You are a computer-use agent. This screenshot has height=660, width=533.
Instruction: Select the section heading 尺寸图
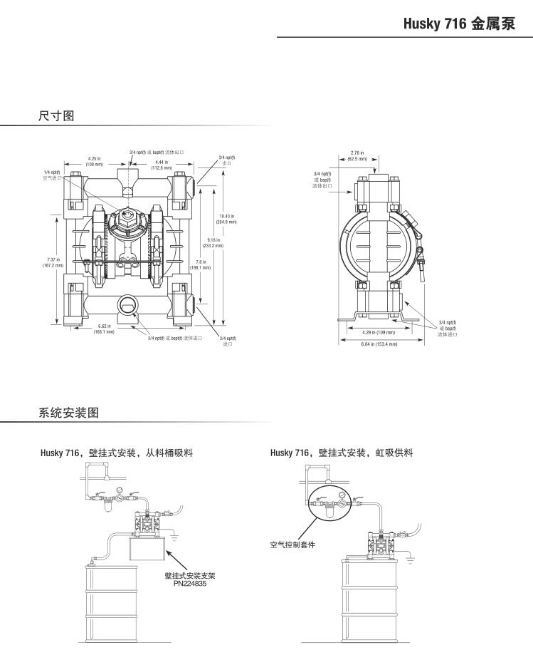56,115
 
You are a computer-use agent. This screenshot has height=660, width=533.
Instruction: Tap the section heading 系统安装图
68,412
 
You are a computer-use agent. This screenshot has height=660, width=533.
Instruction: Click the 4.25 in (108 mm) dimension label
94,161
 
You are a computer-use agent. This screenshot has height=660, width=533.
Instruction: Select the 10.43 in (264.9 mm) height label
226,218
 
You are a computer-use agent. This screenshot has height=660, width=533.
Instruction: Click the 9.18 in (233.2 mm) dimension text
213,242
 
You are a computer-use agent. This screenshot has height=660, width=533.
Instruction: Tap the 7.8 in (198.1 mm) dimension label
200,264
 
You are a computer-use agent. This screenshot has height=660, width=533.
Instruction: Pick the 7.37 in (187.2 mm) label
53,262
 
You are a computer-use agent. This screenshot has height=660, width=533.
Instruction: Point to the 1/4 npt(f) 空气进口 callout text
51,175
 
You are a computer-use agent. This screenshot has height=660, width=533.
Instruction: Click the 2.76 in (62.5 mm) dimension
357,155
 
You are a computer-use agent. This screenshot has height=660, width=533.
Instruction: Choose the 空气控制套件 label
292,545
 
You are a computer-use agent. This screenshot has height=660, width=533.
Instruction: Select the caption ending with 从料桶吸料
117,453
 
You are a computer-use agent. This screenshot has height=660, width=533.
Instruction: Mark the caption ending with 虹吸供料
342,453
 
